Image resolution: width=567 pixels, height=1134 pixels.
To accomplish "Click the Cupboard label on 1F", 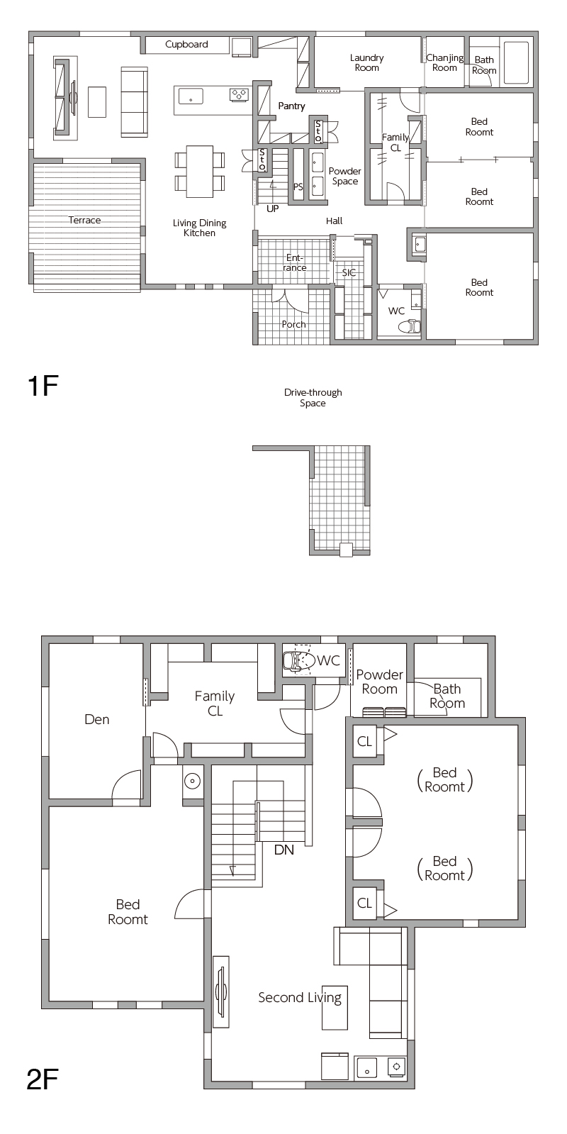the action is pos(186,45).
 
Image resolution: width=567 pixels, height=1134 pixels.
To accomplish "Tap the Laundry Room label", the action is pos(366,63).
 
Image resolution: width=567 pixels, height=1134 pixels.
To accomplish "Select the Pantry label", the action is pos(291,106).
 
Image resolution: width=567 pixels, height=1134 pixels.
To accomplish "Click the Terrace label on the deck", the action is pos(84,221).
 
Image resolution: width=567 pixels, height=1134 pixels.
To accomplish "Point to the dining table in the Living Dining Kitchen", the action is pos(199,172).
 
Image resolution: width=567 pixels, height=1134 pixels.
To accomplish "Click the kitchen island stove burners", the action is pos(239,94).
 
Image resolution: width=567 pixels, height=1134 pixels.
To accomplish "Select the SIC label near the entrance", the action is pos(349,272).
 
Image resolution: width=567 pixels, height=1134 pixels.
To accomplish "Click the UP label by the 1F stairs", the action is pos(273,209).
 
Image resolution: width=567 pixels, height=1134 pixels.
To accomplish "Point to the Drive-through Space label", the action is pos(313,397).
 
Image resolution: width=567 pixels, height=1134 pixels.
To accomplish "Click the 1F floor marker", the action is pos(43,386).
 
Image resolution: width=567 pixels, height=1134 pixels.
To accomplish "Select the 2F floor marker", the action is pos(43,1079).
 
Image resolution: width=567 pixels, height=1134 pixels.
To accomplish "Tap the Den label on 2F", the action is pos(96,719).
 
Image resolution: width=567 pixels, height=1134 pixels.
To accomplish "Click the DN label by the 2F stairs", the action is pos(283,850).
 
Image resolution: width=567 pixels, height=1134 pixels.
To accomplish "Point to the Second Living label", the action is pos(299,998).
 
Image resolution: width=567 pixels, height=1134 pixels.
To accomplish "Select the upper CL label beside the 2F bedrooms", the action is pos(364,742).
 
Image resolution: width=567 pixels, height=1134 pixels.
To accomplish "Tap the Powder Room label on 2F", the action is pos(379,682).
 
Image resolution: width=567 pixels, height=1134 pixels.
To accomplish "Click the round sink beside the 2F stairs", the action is pos(192,781).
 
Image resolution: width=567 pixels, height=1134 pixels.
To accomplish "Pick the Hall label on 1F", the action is pos(334,221).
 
